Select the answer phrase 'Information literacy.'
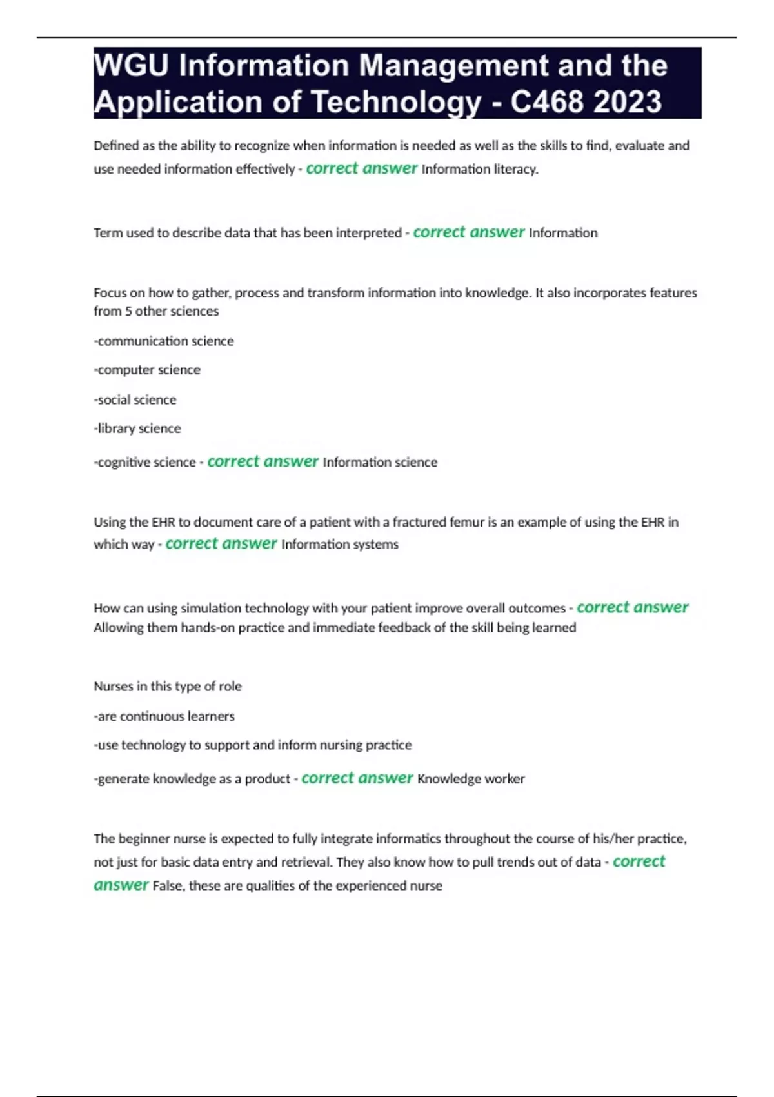click(x=480, y=169)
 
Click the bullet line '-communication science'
click(x=164, y=341)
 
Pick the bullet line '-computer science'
click(x=147, y=370)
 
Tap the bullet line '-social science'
click(x=135, y=399)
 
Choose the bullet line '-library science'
click(x=137, y=428)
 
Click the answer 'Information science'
click(x=380, y=462)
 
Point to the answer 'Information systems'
click(x=340, y=544)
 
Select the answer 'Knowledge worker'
click(x=471, y=779)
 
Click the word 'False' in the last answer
click(x=167, y=885)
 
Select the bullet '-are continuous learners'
click(x=164, y=716)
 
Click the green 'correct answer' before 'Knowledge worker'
click(x=357, y=778)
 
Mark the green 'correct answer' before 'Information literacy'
click(x=361, y=168)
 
